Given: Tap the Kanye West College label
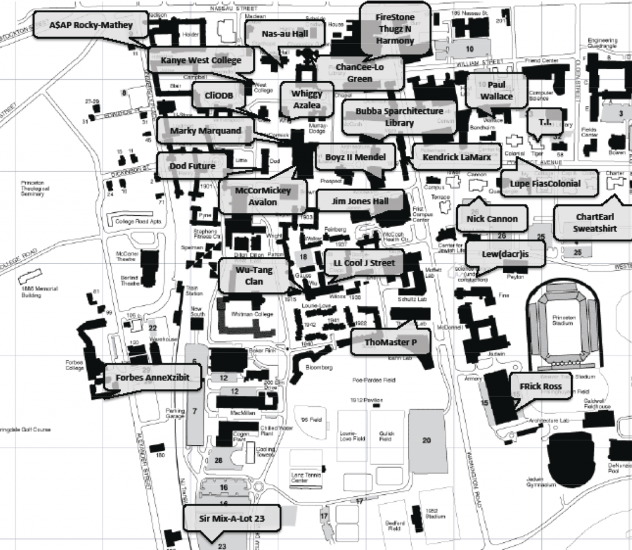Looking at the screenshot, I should pyautogui.click(x=201, y=60).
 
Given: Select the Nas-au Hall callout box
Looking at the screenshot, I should pyautogui.click(x=285, y=33).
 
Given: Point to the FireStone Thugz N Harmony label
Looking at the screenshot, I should pyautogui.click(x=395, y=29).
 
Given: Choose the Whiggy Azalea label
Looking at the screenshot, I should pyautogui.click(x=307, y=99).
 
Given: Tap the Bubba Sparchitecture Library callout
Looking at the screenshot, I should pyautogui.click(x=399, y=117).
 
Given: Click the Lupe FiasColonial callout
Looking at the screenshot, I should pyautogui.click(x=545, y=183).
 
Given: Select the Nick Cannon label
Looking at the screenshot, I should pyautogui.click(x=492, y=219).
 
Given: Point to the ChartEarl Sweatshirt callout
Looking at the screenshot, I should pyautogui.click(x=594, y=223).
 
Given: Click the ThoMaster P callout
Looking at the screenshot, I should pyautogui.click(x=390, y=342).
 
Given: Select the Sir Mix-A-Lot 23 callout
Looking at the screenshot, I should pyautogui.click(x=232, y=518).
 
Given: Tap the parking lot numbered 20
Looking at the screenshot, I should pyautogui.click(x=426, y=440).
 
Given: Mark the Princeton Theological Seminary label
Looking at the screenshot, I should pyautogui.click(x=32, y=188).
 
